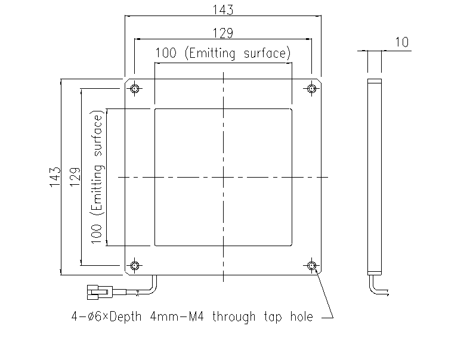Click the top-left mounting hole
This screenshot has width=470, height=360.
pyautogui.click(x=135, y=89)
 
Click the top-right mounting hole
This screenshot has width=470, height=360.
pyautogui.click(x=312, y=89)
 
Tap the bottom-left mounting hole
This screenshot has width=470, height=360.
pyautogui.click(x=135, y=266)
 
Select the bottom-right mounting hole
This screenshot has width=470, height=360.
pyautogui.click(x=312, y=266)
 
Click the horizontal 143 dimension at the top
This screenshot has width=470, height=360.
pyautogui.click(x=223, y=10)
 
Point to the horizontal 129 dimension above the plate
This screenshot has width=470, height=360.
pyautogui.click(x=223, y=33)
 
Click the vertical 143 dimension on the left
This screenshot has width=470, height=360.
pyautogui.click(x=55, y=177)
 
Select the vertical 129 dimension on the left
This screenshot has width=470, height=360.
pyautogui.click(x=75, y=177)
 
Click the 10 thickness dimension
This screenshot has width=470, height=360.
pyautogui.click(x=401, y=42)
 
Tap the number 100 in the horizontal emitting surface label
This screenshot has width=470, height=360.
pyautogui.click(x=166, y=53)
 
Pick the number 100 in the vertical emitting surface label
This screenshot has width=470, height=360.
pyautogui.click(x=96, y=234)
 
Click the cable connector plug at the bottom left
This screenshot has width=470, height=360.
pyautogui.click(x=100, y=292)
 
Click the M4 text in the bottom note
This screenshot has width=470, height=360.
pyautogui.click(x=196, y=316)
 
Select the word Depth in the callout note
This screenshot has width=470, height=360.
pyautogui.click(x=125, y=317)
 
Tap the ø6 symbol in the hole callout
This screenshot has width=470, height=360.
pyautogui.click(x=95, y=316)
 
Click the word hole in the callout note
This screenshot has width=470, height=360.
pyautogui.click(x=302, y=316)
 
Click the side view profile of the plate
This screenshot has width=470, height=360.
pyautogui.click(x=375, y=176)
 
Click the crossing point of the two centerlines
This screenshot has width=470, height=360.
pyautogui.click(x=223, y=177)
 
